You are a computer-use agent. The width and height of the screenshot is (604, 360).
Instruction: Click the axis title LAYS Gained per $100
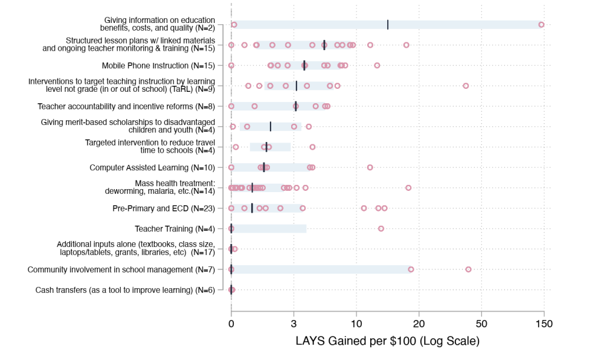387,341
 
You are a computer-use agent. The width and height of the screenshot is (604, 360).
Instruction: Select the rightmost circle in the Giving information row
541,25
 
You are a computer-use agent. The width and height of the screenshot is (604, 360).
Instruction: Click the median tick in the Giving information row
388,25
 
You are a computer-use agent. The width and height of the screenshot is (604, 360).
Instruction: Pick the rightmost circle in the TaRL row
466,86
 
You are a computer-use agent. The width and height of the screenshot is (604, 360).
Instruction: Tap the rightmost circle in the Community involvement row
468,269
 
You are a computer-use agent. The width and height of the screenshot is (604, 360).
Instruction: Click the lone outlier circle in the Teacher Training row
381,228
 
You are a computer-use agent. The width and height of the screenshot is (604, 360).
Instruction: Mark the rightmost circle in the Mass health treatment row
408,188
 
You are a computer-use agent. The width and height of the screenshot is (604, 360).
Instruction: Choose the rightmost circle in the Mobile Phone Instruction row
377,65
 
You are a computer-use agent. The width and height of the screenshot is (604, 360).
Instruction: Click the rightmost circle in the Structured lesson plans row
406,45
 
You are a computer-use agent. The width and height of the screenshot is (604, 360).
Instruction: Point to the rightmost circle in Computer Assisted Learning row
370,167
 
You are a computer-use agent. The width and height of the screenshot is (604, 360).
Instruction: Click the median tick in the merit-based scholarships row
271,126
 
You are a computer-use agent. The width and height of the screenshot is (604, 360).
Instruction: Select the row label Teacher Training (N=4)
175,229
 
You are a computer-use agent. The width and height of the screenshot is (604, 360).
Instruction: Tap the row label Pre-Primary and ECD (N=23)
163,208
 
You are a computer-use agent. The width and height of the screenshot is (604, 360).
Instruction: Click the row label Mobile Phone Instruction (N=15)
158,65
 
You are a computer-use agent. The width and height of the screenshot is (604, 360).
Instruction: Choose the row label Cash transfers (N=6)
125,290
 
